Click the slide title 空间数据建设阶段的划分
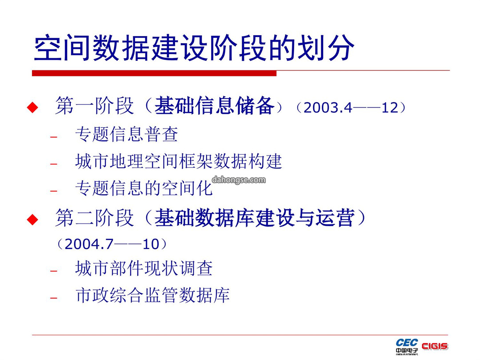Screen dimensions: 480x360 pos(194,48)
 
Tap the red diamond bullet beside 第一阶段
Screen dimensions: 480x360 pos(32,107)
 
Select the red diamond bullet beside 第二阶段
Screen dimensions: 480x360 pos(32,219)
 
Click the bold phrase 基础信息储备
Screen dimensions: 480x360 pos(214,106)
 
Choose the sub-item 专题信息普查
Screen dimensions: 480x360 pos(126,134)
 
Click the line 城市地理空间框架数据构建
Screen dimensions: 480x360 pos(178,161)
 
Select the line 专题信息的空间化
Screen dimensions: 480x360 pos(144,188)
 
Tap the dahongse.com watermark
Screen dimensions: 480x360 pos(239,180)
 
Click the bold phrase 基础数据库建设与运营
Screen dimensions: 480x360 pos(254,218)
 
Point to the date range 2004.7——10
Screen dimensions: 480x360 pos(112,244)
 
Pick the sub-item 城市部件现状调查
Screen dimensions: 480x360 pos(144,268)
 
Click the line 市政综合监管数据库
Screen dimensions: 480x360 pos(152,296)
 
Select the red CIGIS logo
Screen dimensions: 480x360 pos(435,346)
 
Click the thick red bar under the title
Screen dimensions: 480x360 pos(154,73)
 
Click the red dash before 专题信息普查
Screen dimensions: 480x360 pos(54,137)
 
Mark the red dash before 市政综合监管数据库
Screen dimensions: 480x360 pos(54,298)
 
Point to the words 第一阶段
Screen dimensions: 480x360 pos(95,106)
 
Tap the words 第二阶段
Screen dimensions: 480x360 pos(95,218)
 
